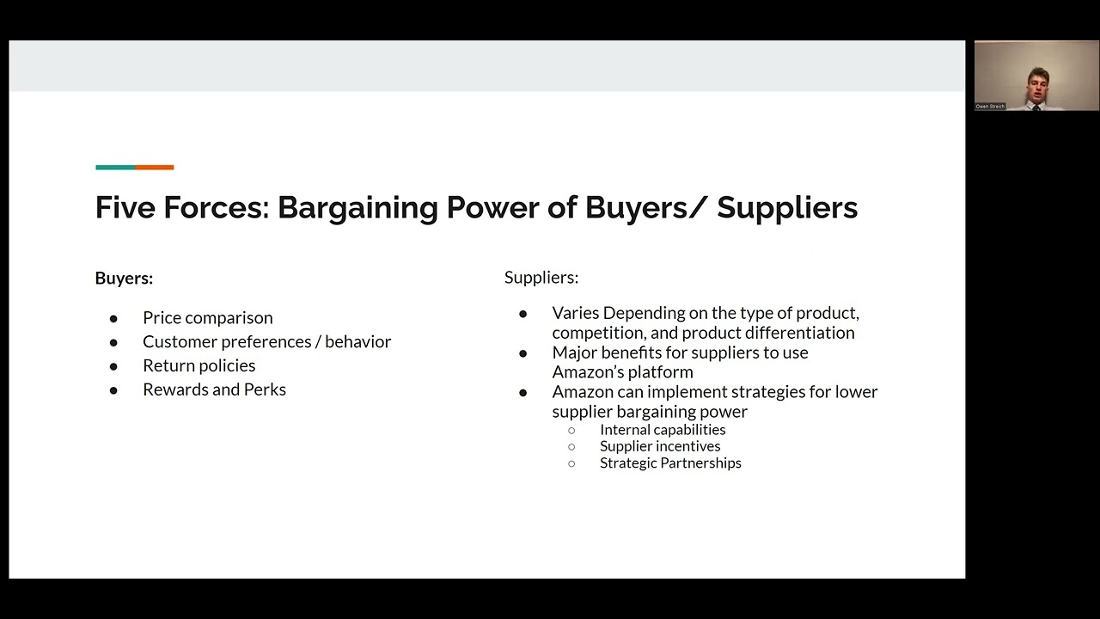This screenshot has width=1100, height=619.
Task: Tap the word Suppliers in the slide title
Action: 787,208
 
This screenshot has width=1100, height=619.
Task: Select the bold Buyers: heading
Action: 124,279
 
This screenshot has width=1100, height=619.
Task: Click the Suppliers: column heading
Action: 541,278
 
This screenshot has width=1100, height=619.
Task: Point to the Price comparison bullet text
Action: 207,318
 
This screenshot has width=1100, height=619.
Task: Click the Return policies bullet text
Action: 199,366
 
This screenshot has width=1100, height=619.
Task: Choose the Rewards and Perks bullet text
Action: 214,390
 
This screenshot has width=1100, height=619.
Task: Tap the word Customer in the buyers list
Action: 180,342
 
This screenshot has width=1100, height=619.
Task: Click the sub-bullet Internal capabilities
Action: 663,430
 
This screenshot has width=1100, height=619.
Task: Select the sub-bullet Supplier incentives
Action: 660,446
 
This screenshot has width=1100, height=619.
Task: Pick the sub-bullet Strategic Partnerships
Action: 670,463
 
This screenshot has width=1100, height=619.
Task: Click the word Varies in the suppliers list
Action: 575,313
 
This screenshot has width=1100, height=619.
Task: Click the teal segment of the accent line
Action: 115,168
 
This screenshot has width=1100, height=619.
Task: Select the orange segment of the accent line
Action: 155,168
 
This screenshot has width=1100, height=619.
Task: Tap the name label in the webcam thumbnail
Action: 990,107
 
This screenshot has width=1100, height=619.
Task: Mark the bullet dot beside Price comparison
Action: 113,319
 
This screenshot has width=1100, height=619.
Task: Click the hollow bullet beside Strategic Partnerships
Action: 571,463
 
